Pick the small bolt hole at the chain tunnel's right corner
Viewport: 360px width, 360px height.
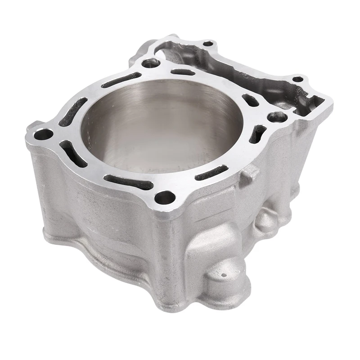[297, 80]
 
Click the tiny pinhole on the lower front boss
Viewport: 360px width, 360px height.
[222, 273]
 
